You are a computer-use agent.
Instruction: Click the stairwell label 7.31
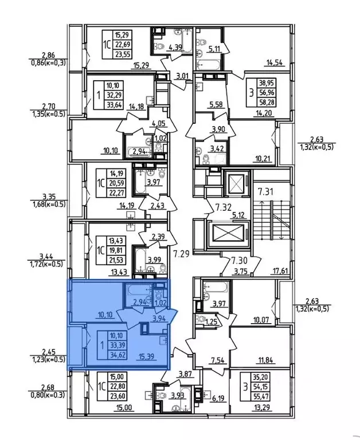(264, 191)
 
